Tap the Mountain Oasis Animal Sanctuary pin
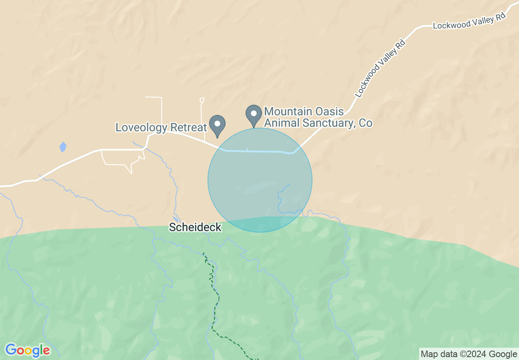pos(254,114)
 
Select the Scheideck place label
pos(195,227)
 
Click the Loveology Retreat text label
pos(161,127)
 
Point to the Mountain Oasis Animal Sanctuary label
pos(318,117)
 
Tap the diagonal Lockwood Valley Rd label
pos(380,69)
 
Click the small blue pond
pos(63,147)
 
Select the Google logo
pos(27,350)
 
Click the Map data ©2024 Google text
pos(469,354)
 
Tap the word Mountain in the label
pos(288,111)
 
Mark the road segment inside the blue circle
pos(262,151)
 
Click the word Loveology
pos(141,127)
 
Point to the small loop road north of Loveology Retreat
pos(202,100)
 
